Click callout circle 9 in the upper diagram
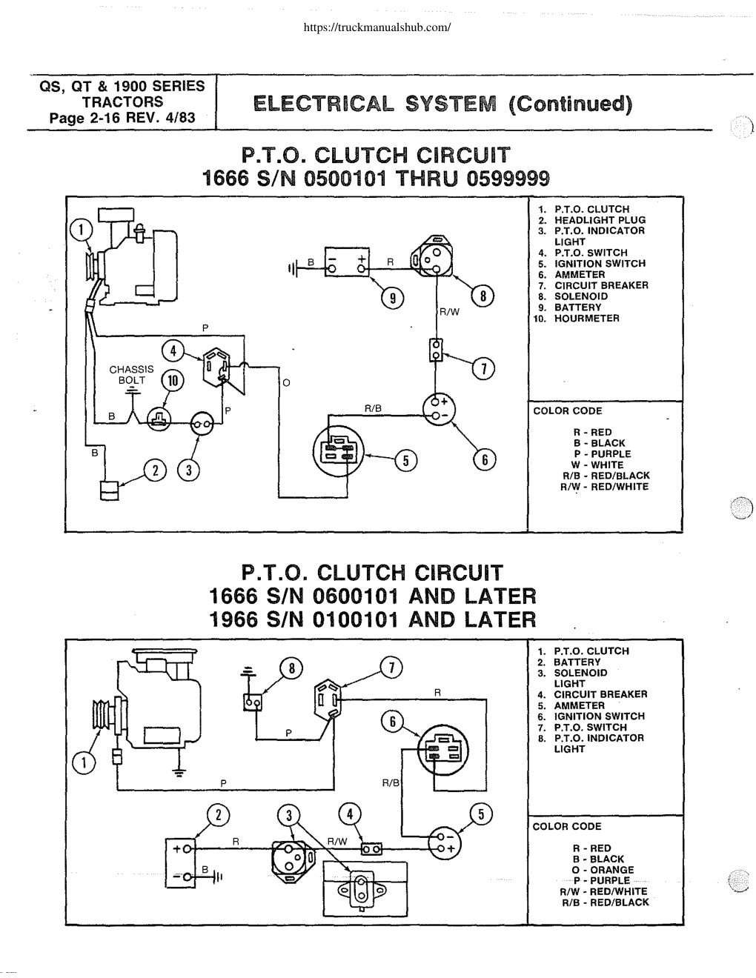click(393, 298)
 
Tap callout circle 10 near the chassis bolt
click(173, 381)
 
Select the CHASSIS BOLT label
click(131, 374)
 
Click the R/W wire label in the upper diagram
click(449, 312)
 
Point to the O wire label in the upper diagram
click(286, 383)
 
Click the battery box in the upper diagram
click(347, 262)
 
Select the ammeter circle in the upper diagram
click(439, 409)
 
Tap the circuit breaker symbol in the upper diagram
click(435, 350)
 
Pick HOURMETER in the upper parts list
click(587, 319)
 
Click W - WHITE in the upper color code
click(597, 465)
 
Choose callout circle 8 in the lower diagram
click(291, 669)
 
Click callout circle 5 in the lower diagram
click(481, 814)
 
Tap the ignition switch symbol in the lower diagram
click(443, 751)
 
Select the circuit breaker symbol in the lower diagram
click(372, 849)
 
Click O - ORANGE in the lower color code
click(603, 870)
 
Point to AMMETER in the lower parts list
click(580, 705)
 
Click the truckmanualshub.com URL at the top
click(377, 27)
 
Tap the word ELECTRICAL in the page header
click(323, 104)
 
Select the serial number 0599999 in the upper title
click(508, 179)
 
